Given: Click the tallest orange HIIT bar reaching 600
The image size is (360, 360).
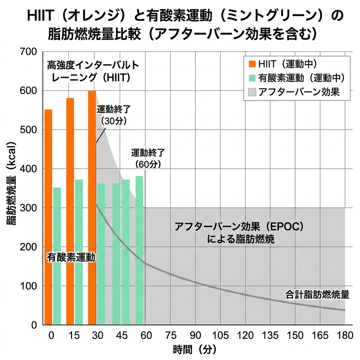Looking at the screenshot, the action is pyautogui.click(x=92, y=208).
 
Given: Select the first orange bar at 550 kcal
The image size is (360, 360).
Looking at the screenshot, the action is pyautogui.click(x=48, y=217).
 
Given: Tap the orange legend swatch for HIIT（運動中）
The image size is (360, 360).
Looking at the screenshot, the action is pyautogui.click(x=252, y=64).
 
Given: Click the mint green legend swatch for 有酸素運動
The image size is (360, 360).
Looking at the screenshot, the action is pyautogui.click(x=252, y=78).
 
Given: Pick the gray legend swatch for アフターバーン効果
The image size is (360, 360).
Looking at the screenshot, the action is pyautogui.click(x=252, y=92).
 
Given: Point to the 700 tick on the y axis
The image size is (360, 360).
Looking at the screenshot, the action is pyautogui.click(x=28, y=52).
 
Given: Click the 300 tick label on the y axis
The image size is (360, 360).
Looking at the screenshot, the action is pyautogui.click(x=28, y=208).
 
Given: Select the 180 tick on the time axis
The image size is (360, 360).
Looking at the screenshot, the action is pyautogui.click(x=345, y=335).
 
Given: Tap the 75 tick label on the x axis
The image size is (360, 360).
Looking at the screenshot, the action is pyautogui.click(x=171, y=335).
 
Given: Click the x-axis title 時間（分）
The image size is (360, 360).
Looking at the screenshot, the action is pyautogui.click(x=195, y=350).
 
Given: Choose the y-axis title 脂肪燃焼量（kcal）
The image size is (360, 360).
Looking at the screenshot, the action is pyautogui.click(x=11, y=184).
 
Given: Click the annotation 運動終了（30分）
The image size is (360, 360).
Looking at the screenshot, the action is pyautogui.click(x=114, y=115).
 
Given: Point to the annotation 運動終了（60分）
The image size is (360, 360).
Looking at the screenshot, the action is pyautogui.click(x=148, y=159).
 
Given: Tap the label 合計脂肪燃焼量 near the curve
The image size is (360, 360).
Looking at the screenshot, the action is pyautogui.click(x=317, y=295).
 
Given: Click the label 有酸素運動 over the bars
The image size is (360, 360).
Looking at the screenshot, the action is pyautogui.click(x=71, y=257).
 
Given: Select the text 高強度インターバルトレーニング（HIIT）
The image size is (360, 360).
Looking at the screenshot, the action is pyautogui.click(x=93, y=71).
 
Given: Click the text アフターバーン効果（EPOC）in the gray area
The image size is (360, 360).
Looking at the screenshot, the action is pyautogui.click(x=239, y=227).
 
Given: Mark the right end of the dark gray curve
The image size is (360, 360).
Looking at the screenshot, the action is pyautogui.click(x=345, y=310).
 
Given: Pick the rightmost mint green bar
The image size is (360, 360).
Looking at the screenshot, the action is pyautogui.click(x=139, y=250).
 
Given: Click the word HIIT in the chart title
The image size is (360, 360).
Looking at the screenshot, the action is pyautogui.click(x=40, y=15).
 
